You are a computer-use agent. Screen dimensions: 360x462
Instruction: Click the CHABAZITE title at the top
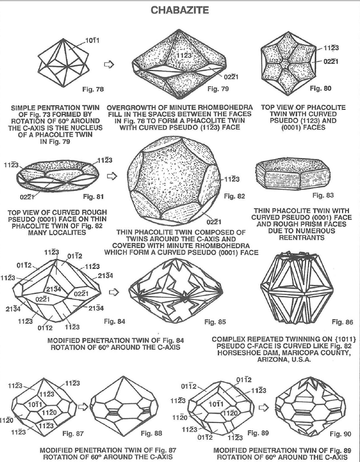click(x=180, y=10)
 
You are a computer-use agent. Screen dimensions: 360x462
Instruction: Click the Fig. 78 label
click(x=93, y=89)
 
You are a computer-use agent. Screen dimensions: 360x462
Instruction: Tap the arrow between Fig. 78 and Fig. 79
click(x=109, y=64)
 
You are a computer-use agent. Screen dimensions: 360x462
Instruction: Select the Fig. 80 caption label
click(x=321, y=88)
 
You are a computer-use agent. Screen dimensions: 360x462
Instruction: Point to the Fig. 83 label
click(x=323, y=195)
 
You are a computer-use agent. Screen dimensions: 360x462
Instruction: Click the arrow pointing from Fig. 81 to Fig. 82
click(x=112, y=176)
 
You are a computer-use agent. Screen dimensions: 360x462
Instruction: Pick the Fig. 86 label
click(x=342, y=322)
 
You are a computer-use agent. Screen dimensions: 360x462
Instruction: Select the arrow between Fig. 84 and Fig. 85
click(x=114, y=292)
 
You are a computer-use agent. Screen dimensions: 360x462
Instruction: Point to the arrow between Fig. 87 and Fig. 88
click(x=83, y=407)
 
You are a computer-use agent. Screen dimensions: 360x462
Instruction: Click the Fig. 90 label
click(x=341, y=434)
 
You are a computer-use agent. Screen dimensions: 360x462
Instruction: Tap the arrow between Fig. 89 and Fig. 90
click(x=263, y=408)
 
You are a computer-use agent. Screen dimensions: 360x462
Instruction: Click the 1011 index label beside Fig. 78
click(x=92, y=40)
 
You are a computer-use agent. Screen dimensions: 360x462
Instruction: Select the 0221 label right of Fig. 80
click(x=331, y=62)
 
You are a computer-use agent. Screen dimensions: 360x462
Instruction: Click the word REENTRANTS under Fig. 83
click(x=302, y=238)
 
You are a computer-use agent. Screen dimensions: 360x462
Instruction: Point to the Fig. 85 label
click(x=215, y=322)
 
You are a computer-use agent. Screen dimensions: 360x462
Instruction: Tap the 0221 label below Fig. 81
click(x=27, y=197)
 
